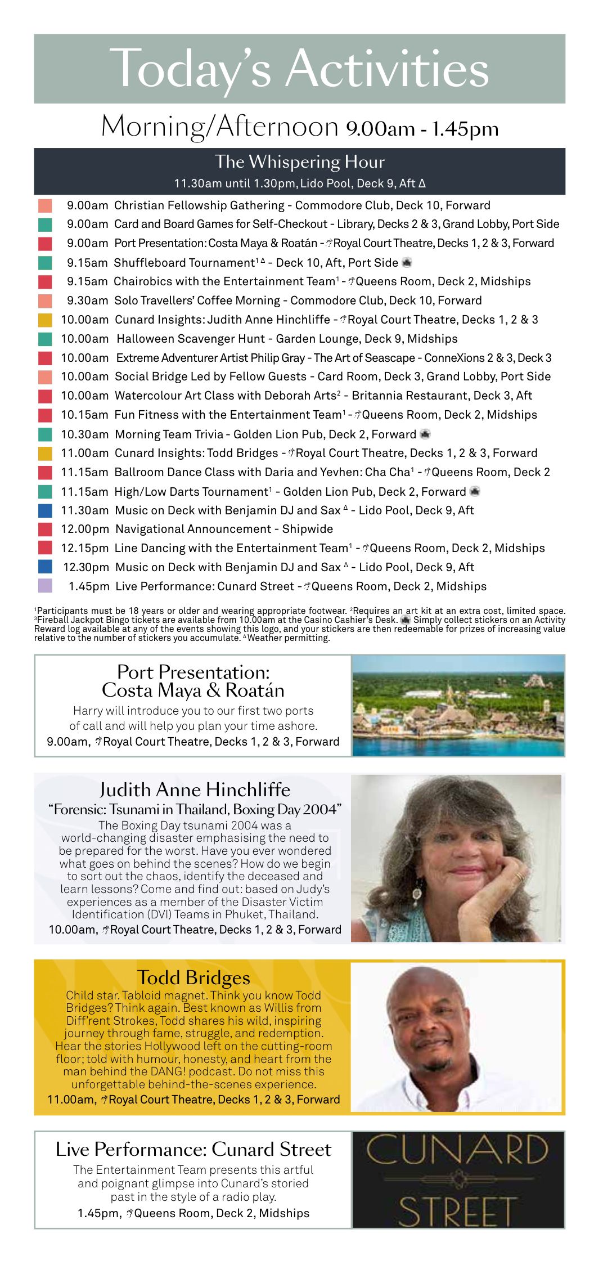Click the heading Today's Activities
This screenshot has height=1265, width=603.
(299, 69)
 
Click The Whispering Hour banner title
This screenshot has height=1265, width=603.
(299, 162)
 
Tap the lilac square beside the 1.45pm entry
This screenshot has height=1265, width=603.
(45, 586)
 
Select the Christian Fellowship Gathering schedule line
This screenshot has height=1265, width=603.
(278, 205)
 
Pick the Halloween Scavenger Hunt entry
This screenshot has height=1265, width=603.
(287, 339)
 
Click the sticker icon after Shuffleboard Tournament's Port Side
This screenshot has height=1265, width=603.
(407, 262)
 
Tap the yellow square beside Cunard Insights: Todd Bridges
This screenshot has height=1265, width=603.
(45, 453)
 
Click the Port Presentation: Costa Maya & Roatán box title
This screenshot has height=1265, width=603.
(193, 681)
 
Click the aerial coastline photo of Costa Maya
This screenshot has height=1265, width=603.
(458, 705)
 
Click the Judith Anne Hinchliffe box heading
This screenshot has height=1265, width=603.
(195, 789)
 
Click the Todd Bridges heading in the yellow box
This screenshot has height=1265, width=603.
(193, 977)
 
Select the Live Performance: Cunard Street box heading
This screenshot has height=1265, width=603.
(193, 1149)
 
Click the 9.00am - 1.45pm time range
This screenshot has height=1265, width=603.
(422, 129)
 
